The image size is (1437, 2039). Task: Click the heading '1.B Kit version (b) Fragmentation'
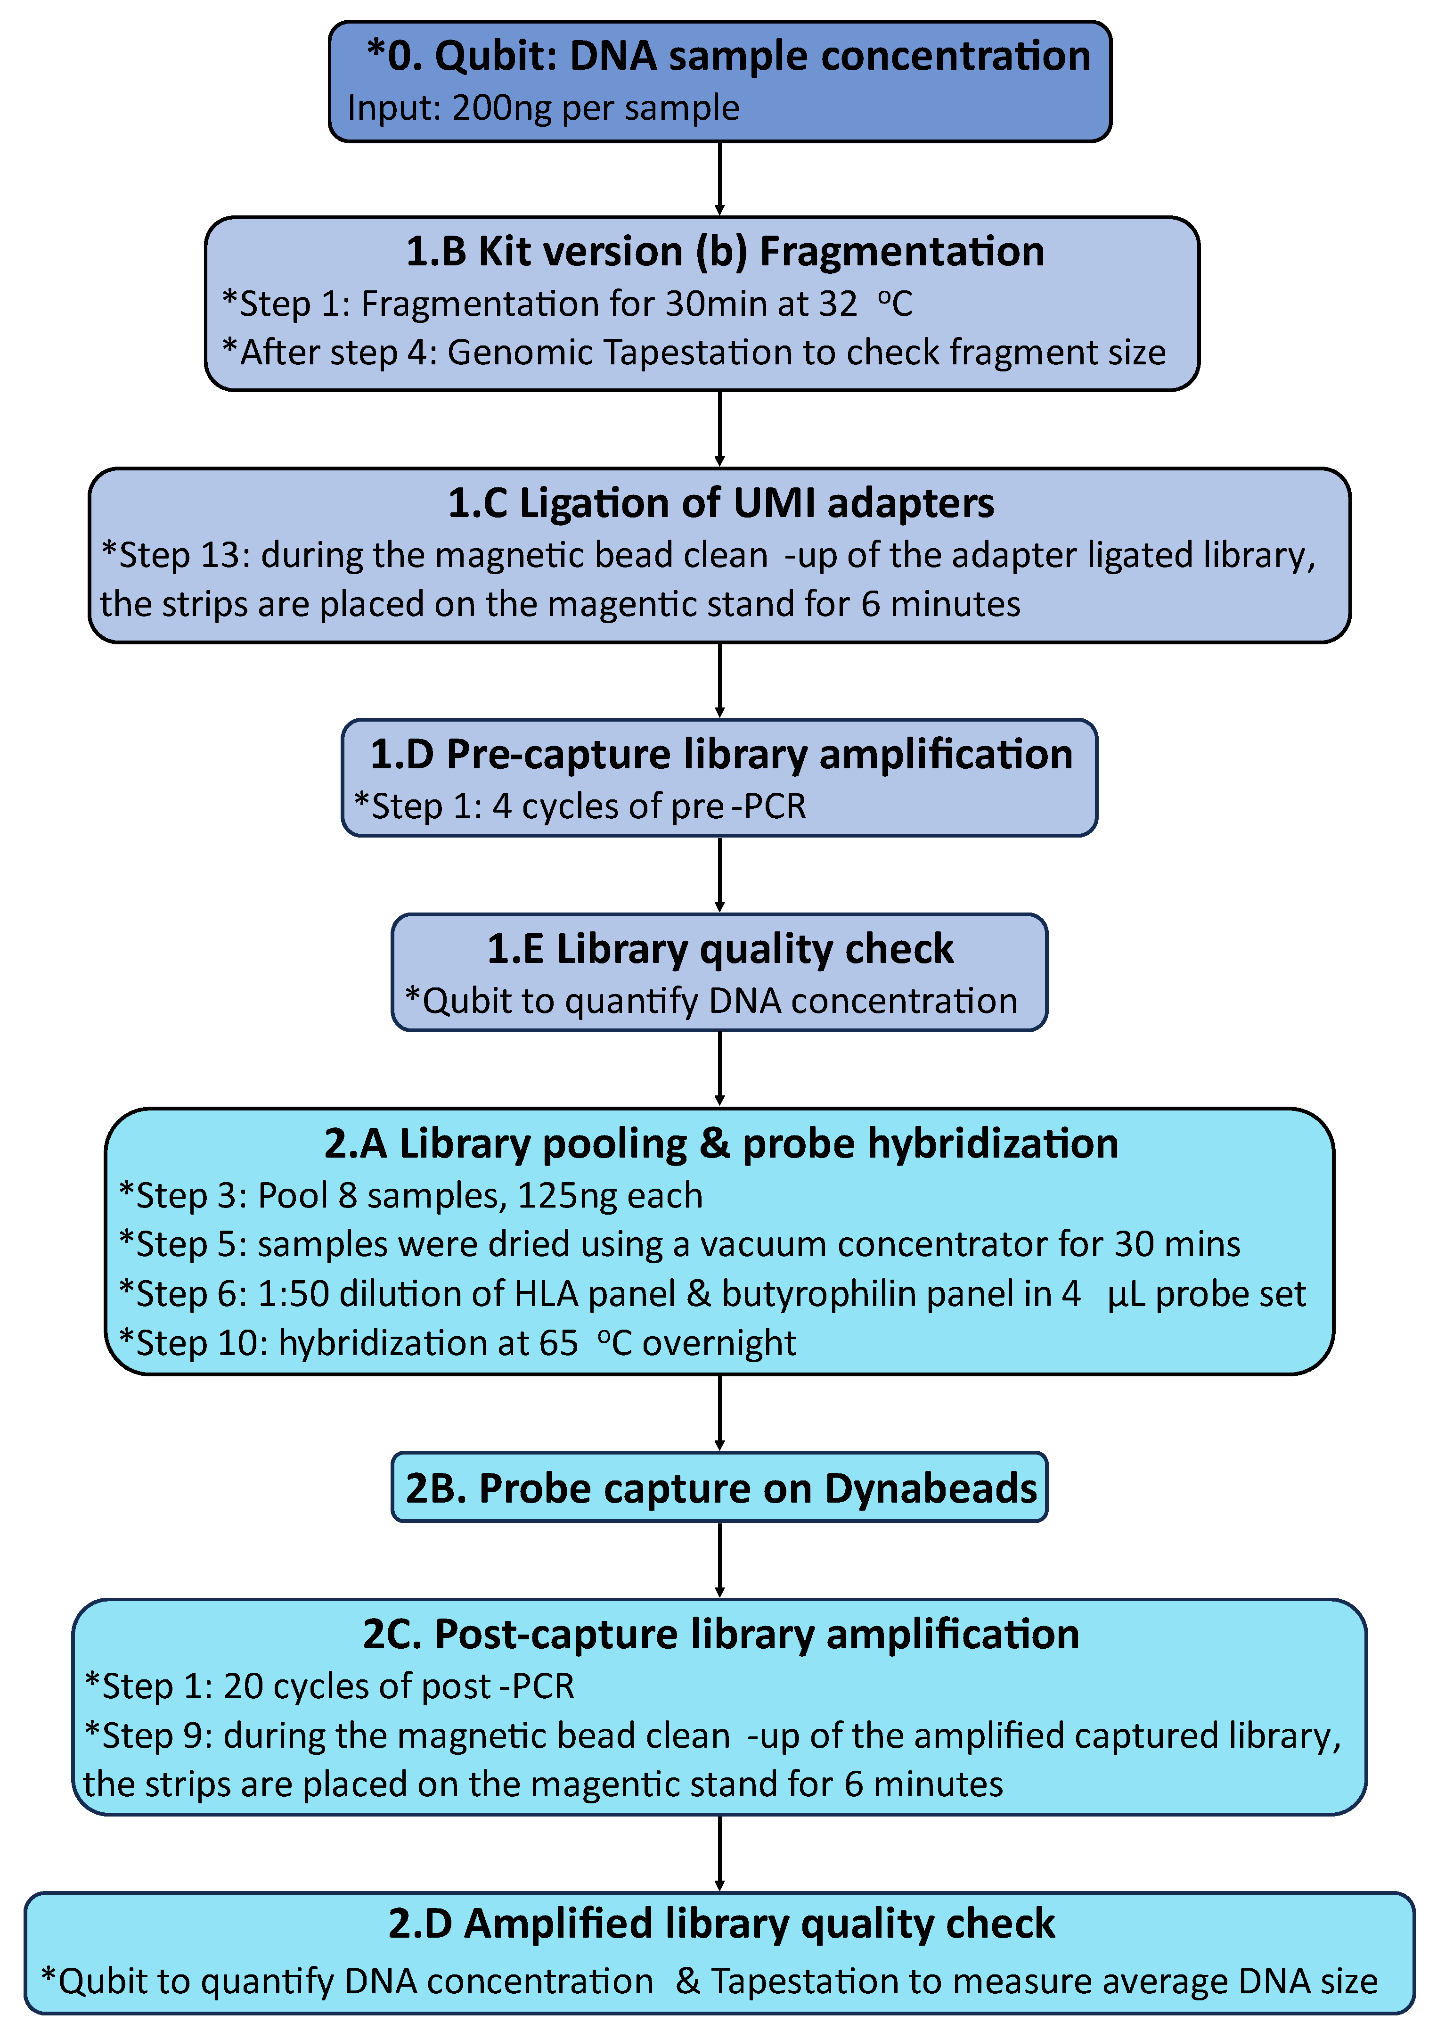[x=724, y=251]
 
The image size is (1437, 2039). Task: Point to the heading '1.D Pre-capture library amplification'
[x=721, y=754]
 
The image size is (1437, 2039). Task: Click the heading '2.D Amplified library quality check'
[x=721, y=1924]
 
